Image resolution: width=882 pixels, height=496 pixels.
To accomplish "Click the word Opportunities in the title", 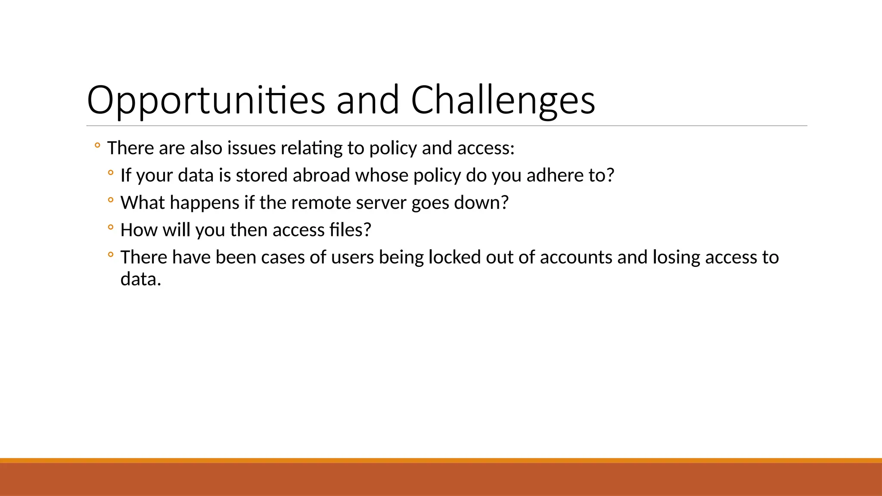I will (x=205, y=101).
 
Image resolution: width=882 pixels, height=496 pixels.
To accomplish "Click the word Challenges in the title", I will (x=503, y=101).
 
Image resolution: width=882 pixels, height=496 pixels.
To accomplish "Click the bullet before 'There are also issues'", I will (x=97, y=146).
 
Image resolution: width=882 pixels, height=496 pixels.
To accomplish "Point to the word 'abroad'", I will (x=321, y=176).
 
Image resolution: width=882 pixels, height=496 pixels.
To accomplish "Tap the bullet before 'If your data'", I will (x=111, y=173).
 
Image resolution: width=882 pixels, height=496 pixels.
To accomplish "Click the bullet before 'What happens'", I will (x=111, y=200).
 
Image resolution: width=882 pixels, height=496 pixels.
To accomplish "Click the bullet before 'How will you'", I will (x=111, y=227).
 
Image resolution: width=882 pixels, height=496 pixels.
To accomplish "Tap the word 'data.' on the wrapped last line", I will (x=140, y=279).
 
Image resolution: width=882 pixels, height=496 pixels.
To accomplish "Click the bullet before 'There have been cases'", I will (x=111, y=255).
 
